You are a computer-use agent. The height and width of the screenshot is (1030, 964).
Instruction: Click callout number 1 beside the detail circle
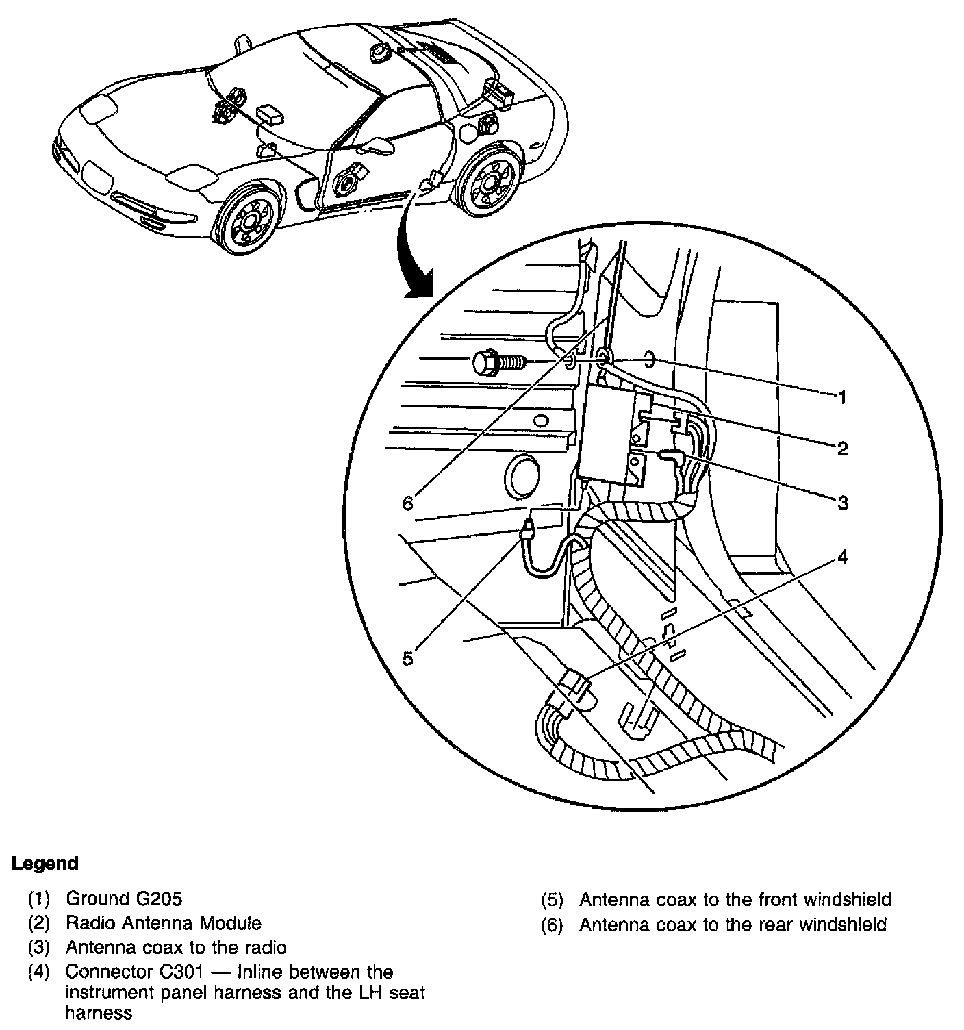click(x=842, y=397)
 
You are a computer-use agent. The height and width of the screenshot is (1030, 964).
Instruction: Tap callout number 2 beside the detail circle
click(x=842, y=449)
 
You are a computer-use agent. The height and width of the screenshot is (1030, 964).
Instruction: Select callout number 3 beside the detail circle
click(x=842, y=503)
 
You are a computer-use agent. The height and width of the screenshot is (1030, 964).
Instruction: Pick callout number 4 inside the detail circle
click(x=842, y=557)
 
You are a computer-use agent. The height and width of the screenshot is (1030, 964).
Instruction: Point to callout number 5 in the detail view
click(x=408, y=658)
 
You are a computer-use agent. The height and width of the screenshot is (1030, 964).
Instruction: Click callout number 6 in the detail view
click(x=408, y=503)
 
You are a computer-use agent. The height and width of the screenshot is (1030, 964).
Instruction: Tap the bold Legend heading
click(x=45, y=864)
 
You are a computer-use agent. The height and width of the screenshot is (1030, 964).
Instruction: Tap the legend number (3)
click(x=39, y=948)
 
